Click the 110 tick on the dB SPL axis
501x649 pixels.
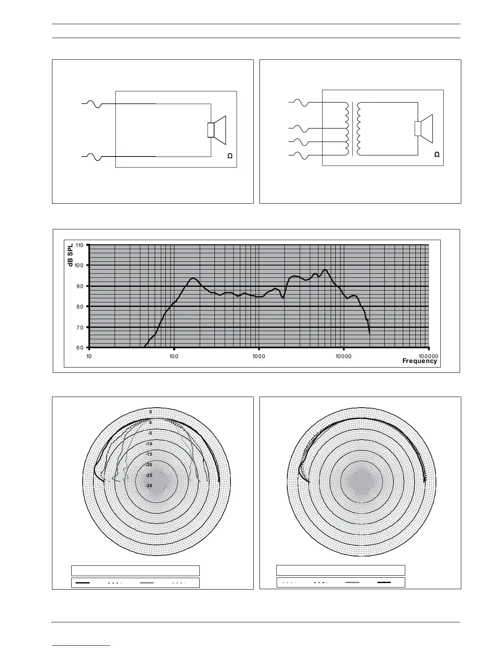[x=79, y=245]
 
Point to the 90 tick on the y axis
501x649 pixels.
[x=81, y=286]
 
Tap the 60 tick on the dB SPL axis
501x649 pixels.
[x=81, y=348]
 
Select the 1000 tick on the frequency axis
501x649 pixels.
[x=259, y=356]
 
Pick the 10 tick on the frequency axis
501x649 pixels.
[x=89, y=356]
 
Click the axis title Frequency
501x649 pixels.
[x=420, y=361]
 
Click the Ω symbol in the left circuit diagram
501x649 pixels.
[x=230, y=156]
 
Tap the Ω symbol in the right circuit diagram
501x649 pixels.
[x=437, y=154]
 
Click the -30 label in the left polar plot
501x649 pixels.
[x=149, y=486]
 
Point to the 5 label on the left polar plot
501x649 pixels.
[x=150, y=412]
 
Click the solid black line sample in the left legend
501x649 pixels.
[x=83, y=582]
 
